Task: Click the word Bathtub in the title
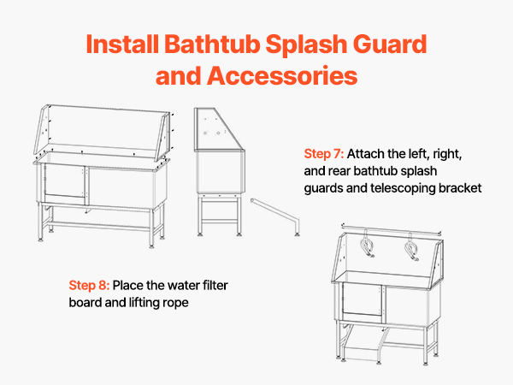[x=212, y=44]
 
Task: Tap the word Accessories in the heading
[x=282, y=75]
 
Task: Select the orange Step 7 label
[x=323, y=154]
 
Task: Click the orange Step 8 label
[x=89, y=286]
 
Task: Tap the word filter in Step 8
[x=215, y=286]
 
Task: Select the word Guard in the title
[x=390, y=44]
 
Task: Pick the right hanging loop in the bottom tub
[x=411, y=247]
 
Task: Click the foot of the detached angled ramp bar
[x=297, y=234]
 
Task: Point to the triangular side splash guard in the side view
[x=218, y=129]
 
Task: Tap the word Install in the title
[x=122, y=44]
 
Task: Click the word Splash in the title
[x=306, y=44]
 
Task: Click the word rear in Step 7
[x=339, y=172]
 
